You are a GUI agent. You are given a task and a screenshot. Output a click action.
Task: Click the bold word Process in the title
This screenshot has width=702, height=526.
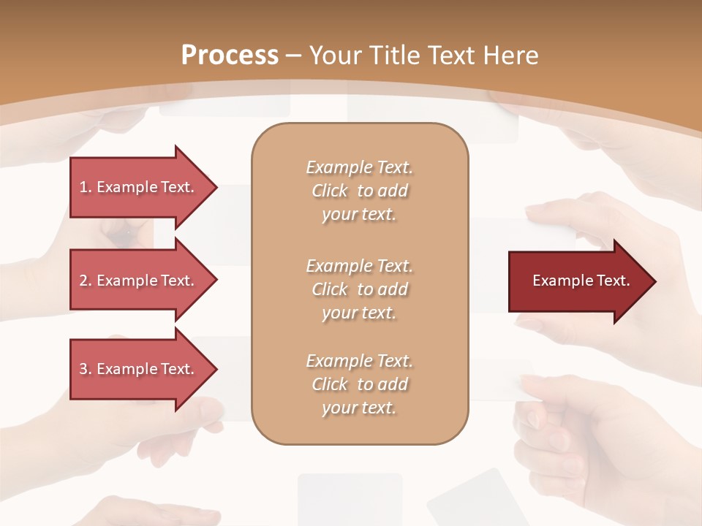tap(230, 56)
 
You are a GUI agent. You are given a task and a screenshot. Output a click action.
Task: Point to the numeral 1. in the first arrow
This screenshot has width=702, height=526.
tap(85, 187)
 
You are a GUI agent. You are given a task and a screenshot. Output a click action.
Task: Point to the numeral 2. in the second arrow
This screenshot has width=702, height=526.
tap(85, 281)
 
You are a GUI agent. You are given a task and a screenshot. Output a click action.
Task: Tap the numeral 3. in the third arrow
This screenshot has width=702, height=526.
tap(85, 369)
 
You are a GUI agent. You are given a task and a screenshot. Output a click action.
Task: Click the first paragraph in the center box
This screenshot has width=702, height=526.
tap(359, 191)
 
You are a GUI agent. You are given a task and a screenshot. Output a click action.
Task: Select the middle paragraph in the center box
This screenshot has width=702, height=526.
tap(359, 289)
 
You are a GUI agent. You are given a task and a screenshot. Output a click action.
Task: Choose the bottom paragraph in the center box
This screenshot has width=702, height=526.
tap(359, 384)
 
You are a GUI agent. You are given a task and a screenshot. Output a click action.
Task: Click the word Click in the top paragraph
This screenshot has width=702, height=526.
tap(330, 191)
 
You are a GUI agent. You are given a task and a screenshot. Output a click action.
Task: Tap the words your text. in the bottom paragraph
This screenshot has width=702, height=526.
tap(359, 408)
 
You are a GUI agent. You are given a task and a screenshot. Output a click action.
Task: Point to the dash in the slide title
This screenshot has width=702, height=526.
tap(294, 56)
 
